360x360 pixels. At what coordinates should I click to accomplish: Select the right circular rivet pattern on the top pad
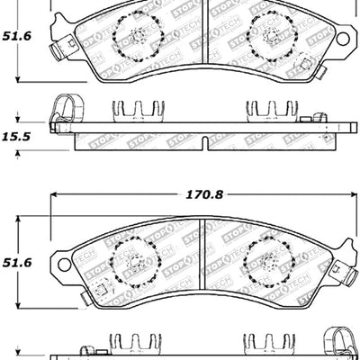[267, 38]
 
